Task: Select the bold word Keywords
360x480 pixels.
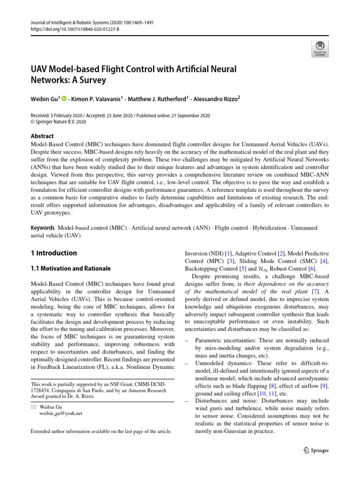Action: [43, 228]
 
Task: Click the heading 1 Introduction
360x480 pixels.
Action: [53, 253]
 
